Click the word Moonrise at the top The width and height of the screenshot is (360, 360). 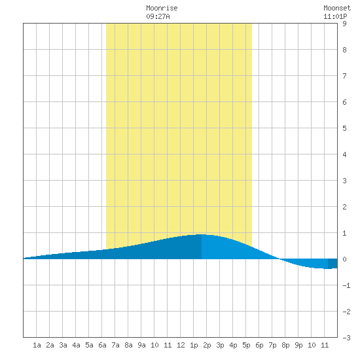(x=162, y=9)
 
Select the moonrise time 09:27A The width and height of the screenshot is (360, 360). (x=158, y=16)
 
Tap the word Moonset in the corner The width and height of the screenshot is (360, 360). (x=337, y=9)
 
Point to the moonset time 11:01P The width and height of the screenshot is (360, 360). (x=335, y=16)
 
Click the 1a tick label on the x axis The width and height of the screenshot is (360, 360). (x=37, y=345)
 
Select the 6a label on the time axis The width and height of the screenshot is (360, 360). (x=102, y=345)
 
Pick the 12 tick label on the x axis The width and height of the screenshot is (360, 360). (x=181, y=345)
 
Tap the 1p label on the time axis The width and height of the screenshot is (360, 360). (x=194, y=345)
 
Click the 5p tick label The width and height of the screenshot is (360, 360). (x=246, y=345)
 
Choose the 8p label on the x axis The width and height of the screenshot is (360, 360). (x=285, y=345)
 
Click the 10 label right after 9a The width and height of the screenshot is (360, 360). (x=154, y=345)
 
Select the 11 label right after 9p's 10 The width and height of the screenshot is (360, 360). (x=325, y=345)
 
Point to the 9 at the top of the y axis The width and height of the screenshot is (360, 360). (x=344, y=24)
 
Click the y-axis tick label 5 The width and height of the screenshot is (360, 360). (x=344, y=128)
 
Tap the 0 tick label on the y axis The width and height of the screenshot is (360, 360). (x=344, y=259)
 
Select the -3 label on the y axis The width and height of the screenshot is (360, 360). (x=346, y=338)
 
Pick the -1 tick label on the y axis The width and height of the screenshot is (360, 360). (x=346, y=285)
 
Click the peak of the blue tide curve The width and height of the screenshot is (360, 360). (x=202, y=234)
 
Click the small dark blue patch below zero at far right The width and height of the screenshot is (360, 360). (x=333, y=264)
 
